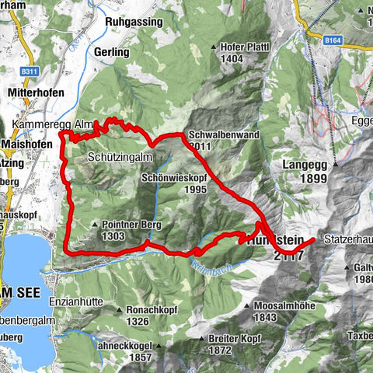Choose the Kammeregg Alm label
[41, 125]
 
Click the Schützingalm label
[116, 156]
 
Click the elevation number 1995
[195, 189]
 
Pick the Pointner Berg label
[130, 224]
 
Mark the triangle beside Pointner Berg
[95, 225]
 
